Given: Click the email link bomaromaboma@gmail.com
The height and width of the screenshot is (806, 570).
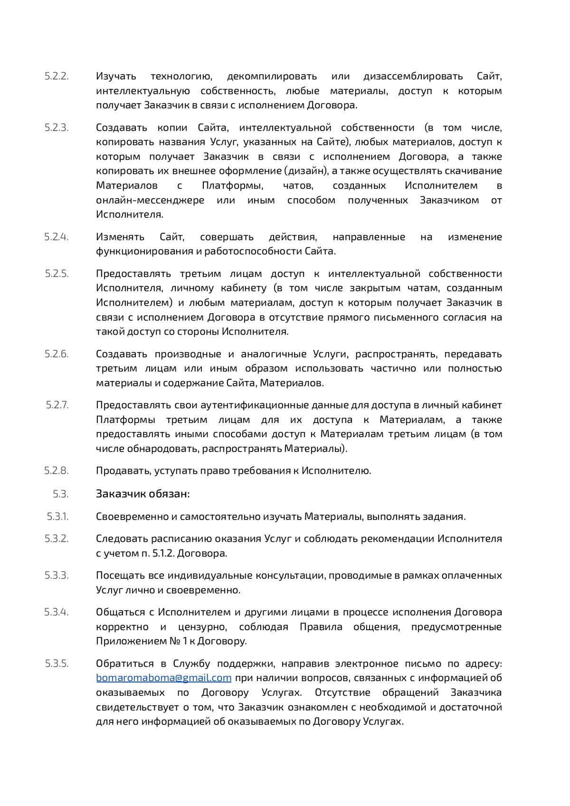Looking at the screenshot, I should [163, 678].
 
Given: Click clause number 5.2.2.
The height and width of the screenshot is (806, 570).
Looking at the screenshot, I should [57, 76].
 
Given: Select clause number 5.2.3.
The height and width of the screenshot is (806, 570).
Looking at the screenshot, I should [57, 127].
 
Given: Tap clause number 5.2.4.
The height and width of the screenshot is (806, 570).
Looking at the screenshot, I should [57, 237].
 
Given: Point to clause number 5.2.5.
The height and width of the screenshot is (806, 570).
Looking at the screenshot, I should [57, 274].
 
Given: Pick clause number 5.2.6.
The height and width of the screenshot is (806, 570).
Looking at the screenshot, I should [57, 354].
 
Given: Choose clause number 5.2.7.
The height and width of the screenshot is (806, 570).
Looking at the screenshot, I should [57, 405].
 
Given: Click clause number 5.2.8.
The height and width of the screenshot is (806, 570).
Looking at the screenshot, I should [57, 471].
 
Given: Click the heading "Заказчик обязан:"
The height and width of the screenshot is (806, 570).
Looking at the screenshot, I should [142, 494].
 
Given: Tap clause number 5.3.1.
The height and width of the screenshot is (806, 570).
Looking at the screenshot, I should [57, 517].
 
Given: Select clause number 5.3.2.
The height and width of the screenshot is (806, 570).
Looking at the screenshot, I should [57, 539].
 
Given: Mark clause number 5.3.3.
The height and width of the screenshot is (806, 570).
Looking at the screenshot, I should [57, 576].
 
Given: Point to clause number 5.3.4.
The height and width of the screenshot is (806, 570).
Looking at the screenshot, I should [57, 612].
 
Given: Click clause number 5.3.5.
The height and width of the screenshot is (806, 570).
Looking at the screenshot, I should [57, 663].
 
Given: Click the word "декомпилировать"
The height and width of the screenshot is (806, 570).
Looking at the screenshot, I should [272, 77].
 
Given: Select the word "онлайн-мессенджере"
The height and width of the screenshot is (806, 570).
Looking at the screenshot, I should [150, 200].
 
